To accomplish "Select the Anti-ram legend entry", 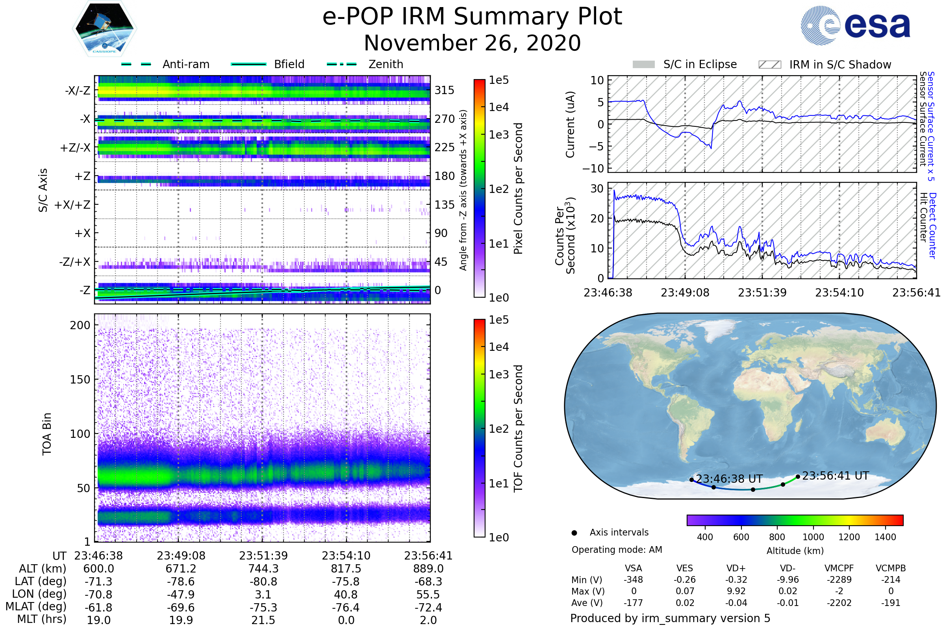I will click(185, 64).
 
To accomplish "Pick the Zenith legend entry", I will click(386, 64).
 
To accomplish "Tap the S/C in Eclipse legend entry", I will click(700, 64).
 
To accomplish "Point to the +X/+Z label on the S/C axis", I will click(72, 205).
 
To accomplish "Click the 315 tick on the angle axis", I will click(445, 90).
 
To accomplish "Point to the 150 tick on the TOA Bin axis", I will click(80, 379).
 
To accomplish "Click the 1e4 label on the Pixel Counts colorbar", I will click(498, 107).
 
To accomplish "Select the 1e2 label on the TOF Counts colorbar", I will click(498, 429).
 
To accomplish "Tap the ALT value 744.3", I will click(263, 569).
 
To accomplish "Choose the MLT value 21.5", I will click(263, 620).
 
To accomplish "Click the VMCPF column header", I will click(839, 568).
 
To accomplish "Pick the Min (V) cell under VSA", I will click(633, 580).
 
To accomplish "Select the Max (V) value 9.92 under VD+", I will click(736, 591).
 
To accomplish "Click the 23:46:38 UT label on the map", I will click(729, 479).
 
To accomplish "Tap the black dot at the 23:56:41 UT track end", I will click(798, 476).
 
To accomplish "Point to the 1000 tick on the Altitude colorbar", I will click(813, 537).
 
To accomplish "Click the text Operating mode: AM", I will click(617, 550).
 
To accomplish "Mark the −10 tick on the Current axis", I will click(593, 169).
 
